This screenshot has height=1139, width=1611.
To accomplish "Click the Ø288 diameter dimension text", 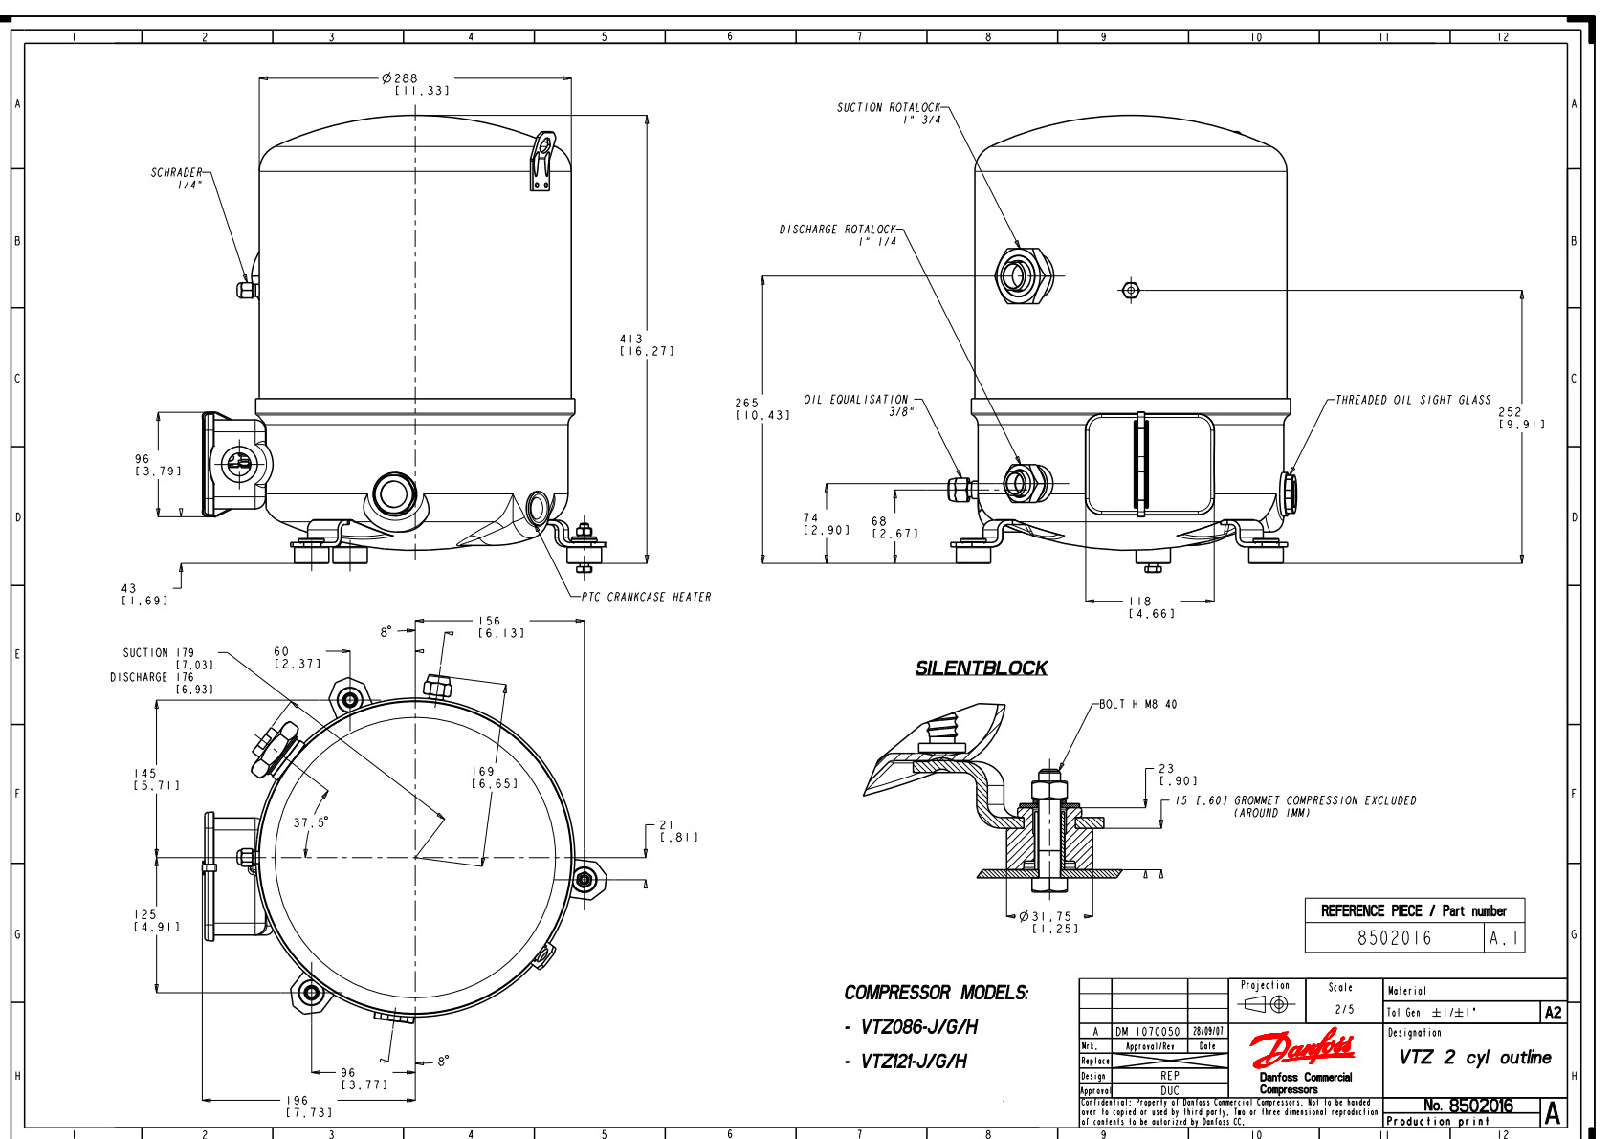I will (401, 78).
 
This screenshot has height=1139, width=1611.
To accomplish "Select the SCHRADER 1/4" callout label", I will (178, 179).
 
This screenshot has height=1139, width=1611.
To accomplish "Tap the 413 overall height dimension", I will (631, 340).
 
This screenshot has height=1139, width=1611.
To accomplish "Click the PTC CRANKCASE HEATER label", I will (647, 597).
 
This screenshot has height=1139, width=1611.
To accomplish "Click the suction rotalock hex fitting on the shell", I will (1021, 275).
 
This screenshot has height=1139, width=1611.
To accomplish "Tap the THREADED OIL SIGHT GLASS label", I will (1413, 400).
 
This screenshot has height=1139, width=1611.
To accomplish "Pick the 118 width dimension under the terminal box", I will (1140, 602).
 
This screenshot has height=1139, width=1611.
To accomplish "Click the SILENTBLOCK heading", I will (981, 668).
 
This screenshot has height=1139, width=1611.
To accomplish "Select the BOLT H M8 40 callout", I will (1137, 704).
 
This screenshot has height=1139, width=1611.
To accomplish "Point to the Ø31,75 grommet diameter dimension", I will (1046, 916).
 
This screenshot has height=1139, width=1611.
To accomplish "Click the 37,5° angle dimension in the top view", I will (310, 821).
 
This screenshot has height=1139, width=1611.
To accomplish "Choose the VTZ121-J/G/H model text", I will (913, 1062).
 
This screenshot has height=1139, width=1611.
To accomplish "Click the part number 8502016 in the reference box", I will (1394, 938).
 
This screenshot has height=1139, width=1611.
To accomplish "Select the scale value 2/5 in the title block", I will (1344, 1009).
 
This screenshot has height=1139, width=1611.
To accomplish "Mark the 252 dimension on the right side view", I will (1510, 412).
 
